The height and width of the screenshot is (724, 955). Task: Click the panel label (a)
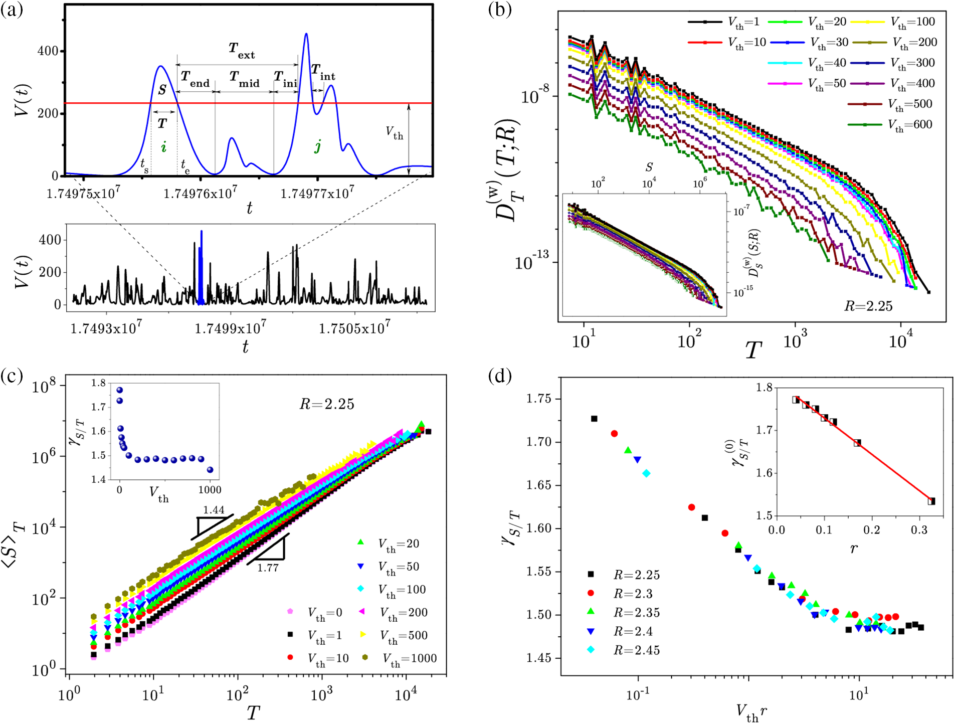click(x=12, y=10)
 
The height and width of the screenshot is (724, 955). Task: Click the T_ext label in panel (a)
click(x=242, y=51)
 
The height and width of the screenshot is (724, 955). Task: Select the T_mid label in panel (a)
click(x=244, y=79)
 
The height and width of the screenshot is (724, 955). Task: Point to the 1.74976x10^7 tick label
click(x=201, y=193)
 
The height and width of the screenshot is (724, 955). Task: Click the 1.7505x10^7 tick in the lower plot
click(x=354, y=328)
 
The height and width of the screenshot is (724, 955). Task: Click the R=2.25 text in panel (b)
click(x=868, y=306)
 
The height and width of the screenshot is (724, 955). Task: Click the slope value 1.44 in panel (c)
click(x=214, y=510)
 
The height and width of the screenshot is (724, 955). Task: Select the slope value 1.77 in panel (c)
click(x=268, y=568)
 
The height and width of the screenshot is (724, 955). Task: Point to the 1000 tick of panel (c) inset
click(x=210, y=489)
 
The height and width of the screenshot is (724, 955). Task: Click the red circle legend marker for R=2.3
click(x=591, y=593)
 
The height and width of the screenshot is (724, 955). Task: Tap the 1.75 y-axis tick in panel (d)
click(x=539, y=399)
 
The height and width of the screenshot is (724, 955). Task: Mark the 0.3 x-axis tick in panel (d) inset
click(x=919, y=530)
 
